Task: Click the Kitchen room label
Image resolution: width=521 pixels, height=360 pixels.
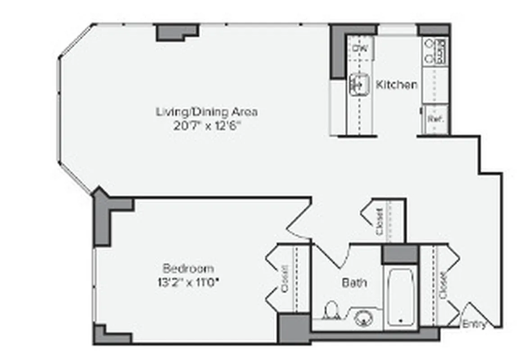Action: (x=396, y=84)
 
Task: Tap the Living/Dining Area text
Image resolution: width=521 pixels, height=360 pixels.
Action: (x=207, y=111)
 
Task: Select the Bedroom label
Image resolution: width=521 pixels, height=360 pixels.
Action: (x=188, y=269)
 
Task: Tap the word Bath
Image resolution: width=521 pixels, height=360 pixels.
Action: (x=354, y=283)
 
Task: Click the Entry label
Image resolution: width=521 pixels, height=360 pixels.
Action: (x=474, y=324)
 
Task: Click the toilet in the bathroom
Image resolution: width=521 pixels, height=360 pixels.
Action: (x=331, y=311)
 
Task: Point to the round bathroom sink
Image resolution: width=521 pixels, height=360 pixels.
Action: (x=363, y=319)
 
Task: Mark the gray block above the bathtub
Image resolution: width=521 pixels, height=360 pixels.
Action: (x=400, y=255)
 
